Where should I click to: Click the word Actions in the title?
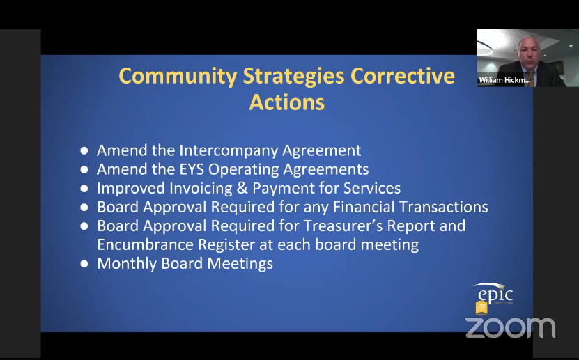click(x=286, y=102)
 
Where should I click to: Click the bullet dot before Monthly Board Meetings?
click(x=84, y=264)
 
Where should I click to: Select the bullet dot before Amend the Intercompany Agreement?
click(x=84, y=151)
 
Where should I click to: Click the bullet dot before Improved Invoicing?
click(x=84, y=189)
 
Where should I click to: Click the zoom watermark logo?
click(x=510, y=327)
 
